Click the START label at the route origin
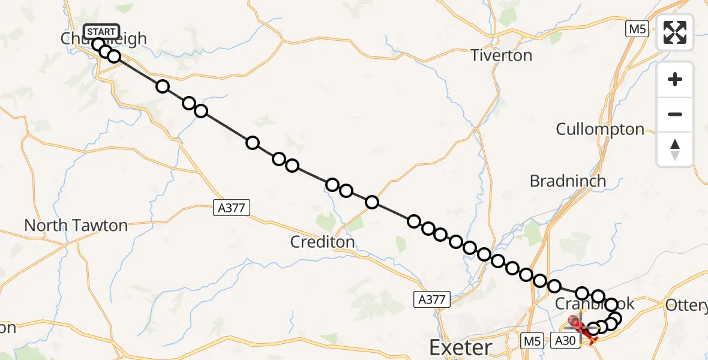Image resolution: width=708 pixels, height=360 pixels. [101, 32]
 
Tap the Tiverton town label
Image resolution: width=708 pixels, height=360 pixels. [501, 56]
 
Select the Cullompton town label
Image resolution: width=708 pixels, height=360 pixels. [600, 129]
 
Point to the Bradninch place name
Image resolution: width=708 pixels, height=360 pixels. [568, 181]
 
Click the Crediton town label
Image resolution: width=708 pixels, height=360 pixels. [322, 242]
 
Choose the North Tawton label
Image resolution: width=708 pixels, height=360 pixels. [76, 226]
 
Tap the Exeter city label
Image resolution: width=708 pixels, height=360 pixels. [461, 347]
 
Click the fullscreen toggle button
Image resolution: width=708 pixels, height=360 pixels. [675, 32]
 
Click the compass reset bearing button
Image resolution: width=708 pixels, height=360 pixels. [675, 148]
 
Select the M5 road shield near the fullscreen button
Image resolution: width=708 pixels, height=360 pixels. [637, 29]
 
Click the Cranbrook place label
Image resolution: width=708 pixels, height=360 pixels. [594, 304]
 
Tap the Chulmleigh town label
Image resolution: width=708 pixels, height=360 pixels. [103, 40]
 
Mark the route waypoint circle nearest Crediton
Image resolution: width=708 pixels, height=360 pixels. [346, 191]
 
